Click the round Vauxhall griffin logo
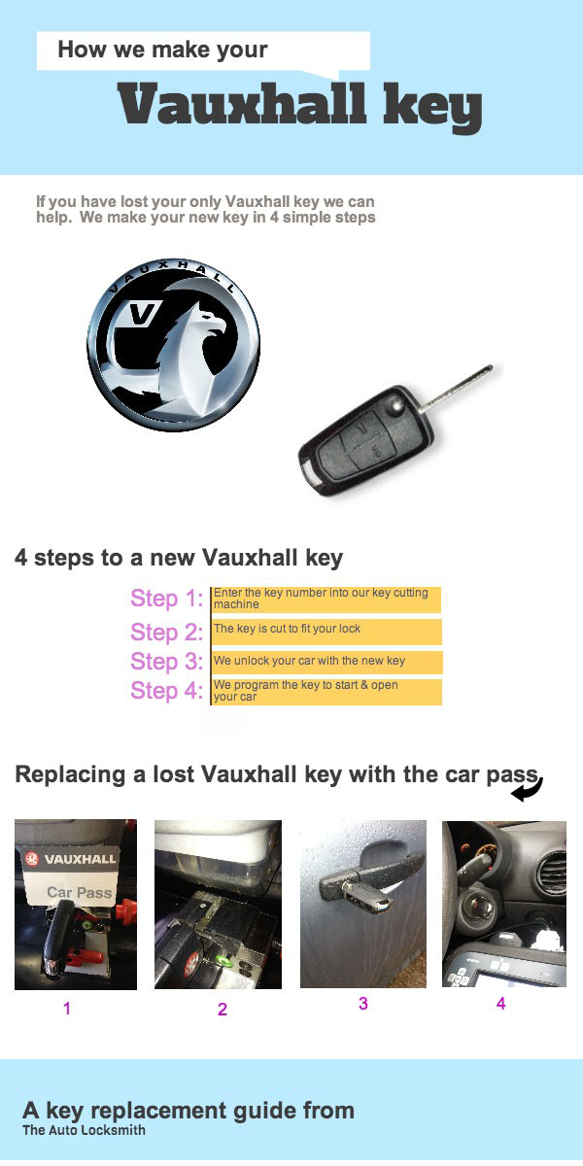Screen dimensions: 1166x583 173,346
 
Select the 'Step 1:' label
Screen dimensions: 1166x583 166,599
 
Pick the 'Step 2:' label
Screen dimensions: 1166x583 166,633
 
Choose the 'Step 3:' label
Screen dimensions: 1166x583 166,662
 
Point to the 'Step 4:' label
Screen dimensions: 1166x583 166,691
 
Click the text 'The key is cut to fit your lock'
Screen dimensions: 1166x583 287,629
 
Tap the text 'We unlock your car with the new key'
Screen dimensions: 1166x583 309,661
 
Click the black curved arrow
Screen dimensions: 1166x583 528,790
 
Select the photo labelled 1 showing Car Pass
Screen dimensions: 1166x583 76,904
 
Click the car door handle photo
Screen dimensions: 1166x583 362,904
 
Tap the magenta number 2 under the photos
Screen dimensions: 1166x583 223,1010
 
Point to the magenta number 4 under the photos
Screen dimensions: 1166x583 501,1004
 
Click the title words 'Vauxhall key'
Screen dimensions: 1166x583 300,106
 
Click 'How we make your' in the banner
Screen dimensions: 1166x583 162,50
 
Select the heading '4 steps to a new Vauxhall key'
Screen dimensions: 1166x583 179,558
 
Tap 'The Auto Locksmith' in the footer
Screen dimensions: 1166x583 84,1130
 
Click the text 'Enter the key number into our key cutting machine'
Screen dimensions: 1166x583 321,599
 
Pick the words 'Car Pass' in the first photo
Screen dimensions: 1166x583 80,891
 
